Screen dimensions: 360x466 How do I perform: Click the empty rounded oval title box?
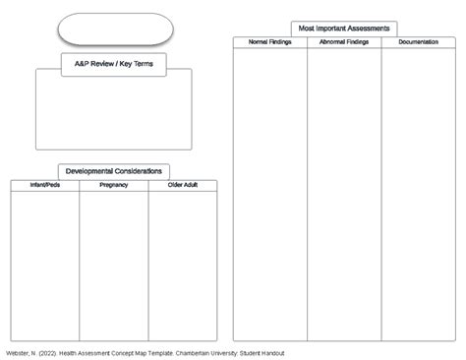point(115,29)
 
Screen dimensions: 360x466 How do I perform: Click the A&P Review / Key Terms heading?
point(114,64)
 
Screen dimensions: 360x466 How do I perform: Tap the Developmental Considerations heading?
point(114,171)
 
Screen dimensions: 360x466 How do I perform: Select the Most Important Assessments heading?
point(344,29)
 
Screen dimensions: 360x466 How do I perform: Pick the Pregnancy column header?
point(114,185)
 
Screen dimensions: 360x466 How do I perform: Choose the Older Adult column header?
point(183,185)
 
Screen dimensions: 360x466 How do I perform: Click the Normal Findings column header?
point(270,42)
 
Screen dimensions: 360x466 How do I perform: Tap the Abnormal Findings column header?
point(344,42)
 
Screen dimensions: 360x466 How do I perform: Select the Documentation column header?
point(419,42)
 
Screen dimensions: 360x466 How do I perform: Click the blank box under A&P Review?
point(114,113)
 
